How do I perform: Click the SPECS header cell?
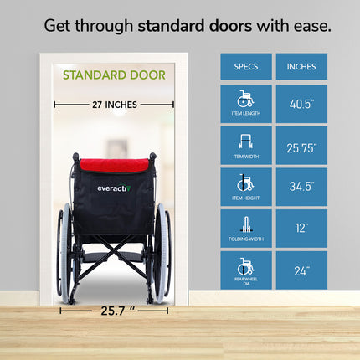tap(246, 66)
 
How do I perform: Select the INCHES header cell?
tap(301, 66)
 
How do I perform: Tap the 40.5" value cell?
tap(301, 103)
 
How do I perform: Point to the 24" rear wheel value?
tap(301, 270)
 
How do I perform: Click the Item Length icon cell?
tap(246, 103)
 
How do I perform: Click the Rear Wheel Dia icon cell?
tap(246, 270)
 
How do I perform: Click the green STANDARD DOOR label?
tap(114, 75)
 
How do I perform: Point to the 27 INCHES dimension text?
tap(114, 105)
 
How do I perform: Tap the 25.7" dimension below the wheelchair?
tap(115, 310)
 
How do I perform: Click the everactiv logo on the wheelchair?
tap(112, 188)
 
